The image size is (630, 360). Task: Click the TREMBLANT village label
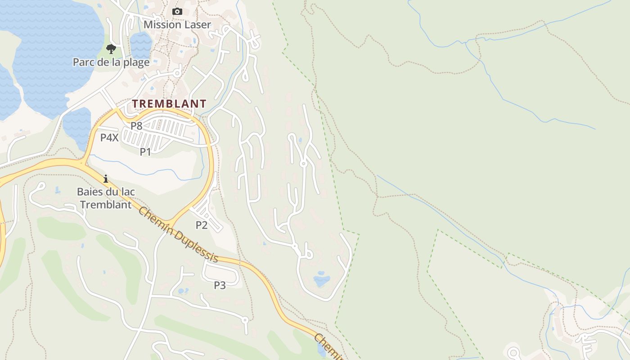click(x=169, y=104)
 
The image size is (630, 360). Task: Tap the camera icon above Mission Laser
click(x=177, y=12)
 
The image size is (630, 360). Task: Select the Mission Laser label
click(x=177, y=25)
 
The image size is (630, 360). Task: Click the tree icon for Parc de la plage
click(x=111, y=49)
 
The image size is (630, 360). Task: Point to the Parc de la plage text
click(x=111, y=62)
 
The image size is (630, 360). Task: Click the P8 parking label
click(x=136, y=126)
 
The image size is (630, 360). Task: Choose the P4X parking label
click(x=109, y=138)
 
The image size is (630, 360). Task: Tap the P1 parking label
click(x=145, y=152)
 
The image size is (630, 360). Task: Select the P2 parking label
click(x=201, y=225)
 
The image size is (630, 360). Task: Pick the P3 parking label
click(x=220, y=285)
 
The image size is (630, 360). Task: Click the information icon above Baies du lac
click(x=106, y=179)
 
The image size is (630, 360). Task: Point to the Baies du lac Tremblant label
click(x=106, y=198)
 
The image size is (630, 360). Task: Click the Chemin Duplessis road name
click(x=179, y=235)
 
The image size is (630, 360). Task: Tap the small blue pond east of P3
click(x=321, y=279)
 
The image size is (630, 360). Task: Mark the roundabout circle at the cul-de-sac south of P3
click(x=245, y=320)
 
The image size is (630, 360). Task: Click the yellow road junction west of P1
click(x=84, y=162)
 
